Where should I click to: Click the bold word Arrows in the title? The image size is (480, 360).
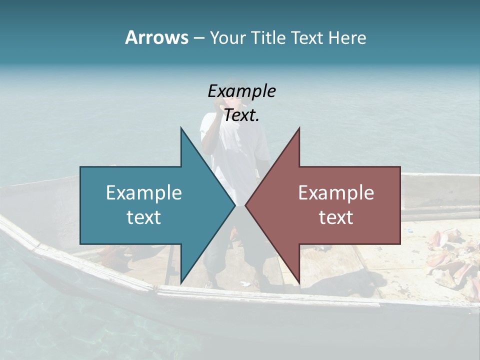[156, 37]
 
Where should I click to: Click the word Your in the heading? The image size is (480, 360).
[226, 38]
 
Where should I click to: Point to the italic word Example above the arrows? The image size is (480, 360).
[242, 91]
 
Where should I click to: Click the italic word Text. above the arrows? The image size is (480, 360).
[242, 115]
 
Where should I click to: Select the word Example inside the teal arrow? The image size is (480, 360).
[144, 192]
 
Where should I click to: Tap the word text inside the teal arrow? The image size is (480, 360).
[144, 217]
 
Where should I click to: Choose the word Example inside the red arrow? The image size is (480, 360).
[336, 192]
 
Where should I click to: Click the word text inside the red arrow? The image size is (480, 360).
[336, 217]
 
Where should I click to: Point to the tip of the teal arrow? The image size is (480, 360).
[235, 205]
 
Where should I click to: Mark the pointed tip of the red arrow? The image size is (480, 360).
[245, 205]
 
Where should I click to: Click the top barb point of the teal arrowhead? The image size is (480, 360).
[181, 128]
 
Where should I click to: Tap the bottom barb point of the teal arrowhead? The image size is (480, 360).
[181, 283]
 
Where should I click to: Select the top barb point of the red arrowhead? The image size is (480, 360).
[299, 128]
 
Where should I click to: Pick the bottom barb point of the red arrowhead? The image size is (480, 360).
[299, 283]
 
